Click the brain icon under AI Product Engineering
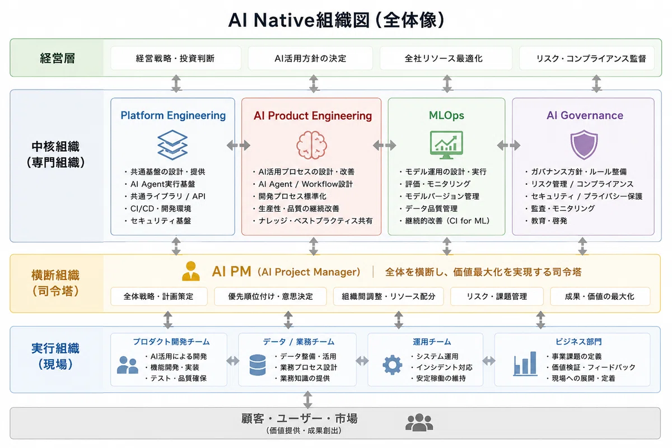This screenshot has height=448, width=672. point(312,145)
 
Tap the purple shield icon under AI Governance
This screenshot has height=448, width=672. point(584,144)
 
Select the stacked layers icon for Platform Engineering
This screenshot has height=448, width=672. point(172,145)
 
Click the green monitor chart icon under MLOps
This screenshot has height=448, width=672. point(446,145)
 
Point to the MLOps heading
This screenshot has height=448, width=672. point(446,115)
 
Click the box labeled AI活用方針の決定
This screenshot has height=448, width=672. point(310,58)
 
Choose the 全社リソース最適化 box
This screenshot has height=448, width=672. point(446,58)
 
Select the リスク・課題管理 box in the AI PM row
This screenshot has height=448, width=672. point(497,296)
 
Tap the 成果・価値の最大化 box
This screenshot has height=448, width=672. point(600,296)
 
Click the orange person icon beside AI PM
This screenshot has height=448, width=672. point(191,271)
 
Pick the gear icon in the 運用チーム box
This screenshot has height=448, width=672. point(393,365)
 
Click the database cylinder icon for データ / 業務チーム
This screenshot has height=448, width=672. point(258,365)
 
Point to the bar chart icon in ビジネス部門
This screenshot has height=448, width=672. point(525,363)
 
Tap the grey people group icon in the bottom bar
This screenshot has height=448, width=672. point(419,422)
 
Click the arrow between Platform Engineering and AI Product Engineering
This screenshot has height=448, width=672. point(239,146)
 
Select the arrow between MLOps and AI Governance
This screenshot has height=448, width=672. point(508,146)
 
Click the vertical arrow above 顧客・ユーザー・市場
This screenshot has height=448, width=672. point(308,400)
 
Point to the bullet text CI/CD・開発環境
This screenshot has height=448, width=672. point(161,208)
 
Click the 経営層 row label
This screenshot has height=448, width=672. point(57,58)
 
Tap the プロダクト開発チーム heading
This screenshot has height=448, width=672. point(171,342)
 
